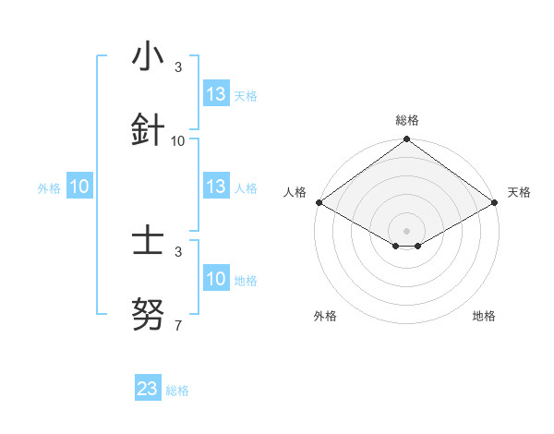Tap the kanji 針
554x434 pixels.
point(148,129)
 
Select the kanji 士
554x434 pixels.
point(148,242)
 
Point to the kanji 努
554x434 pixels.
point(148,316)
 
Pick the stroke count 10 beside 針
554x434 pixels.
point(178,141)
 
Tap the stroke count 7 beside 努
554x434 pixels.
point(178,326)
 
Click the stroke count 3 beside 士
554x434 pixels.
point(178,251)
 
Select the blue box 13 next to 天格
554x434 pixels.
point(216,94)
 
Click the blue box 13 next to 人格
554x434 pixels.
point(216,187)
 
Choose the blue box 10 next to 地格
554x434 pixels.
point(216,279)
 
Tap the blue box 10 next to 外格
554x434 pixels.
point(79,187)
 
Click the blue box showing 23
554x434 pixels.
point(148,389)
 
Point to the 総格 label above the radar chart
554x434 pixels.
point(407,120)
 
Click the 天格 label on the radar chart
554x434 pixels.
point(519,192)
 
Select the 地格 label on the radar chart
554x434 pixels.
point(484,316)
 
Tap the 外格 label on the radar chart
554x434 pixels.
point(325,316)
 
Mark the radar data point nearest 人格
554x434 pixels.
point(319,202)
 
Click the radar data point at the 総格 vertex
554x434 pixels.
point(406,140)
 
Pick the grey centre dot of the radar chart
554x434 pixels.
point(406,230)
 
